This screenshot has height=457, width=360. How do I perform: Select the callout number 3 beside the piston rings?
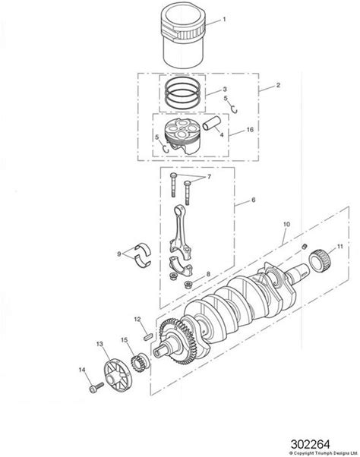coord(225,89)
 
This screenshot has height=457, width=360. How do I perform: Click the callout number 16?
coord(250,129)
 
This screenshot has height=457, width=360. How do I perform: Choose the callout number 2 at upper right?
coord(278,85)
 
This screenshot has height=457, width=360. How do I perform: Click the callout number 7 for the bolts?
coord(209,177)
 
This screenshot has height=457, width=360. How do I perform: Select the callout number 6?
coord(253,200)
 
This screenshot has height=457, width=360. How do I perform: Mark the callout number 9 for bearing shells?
coord(119,254)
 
